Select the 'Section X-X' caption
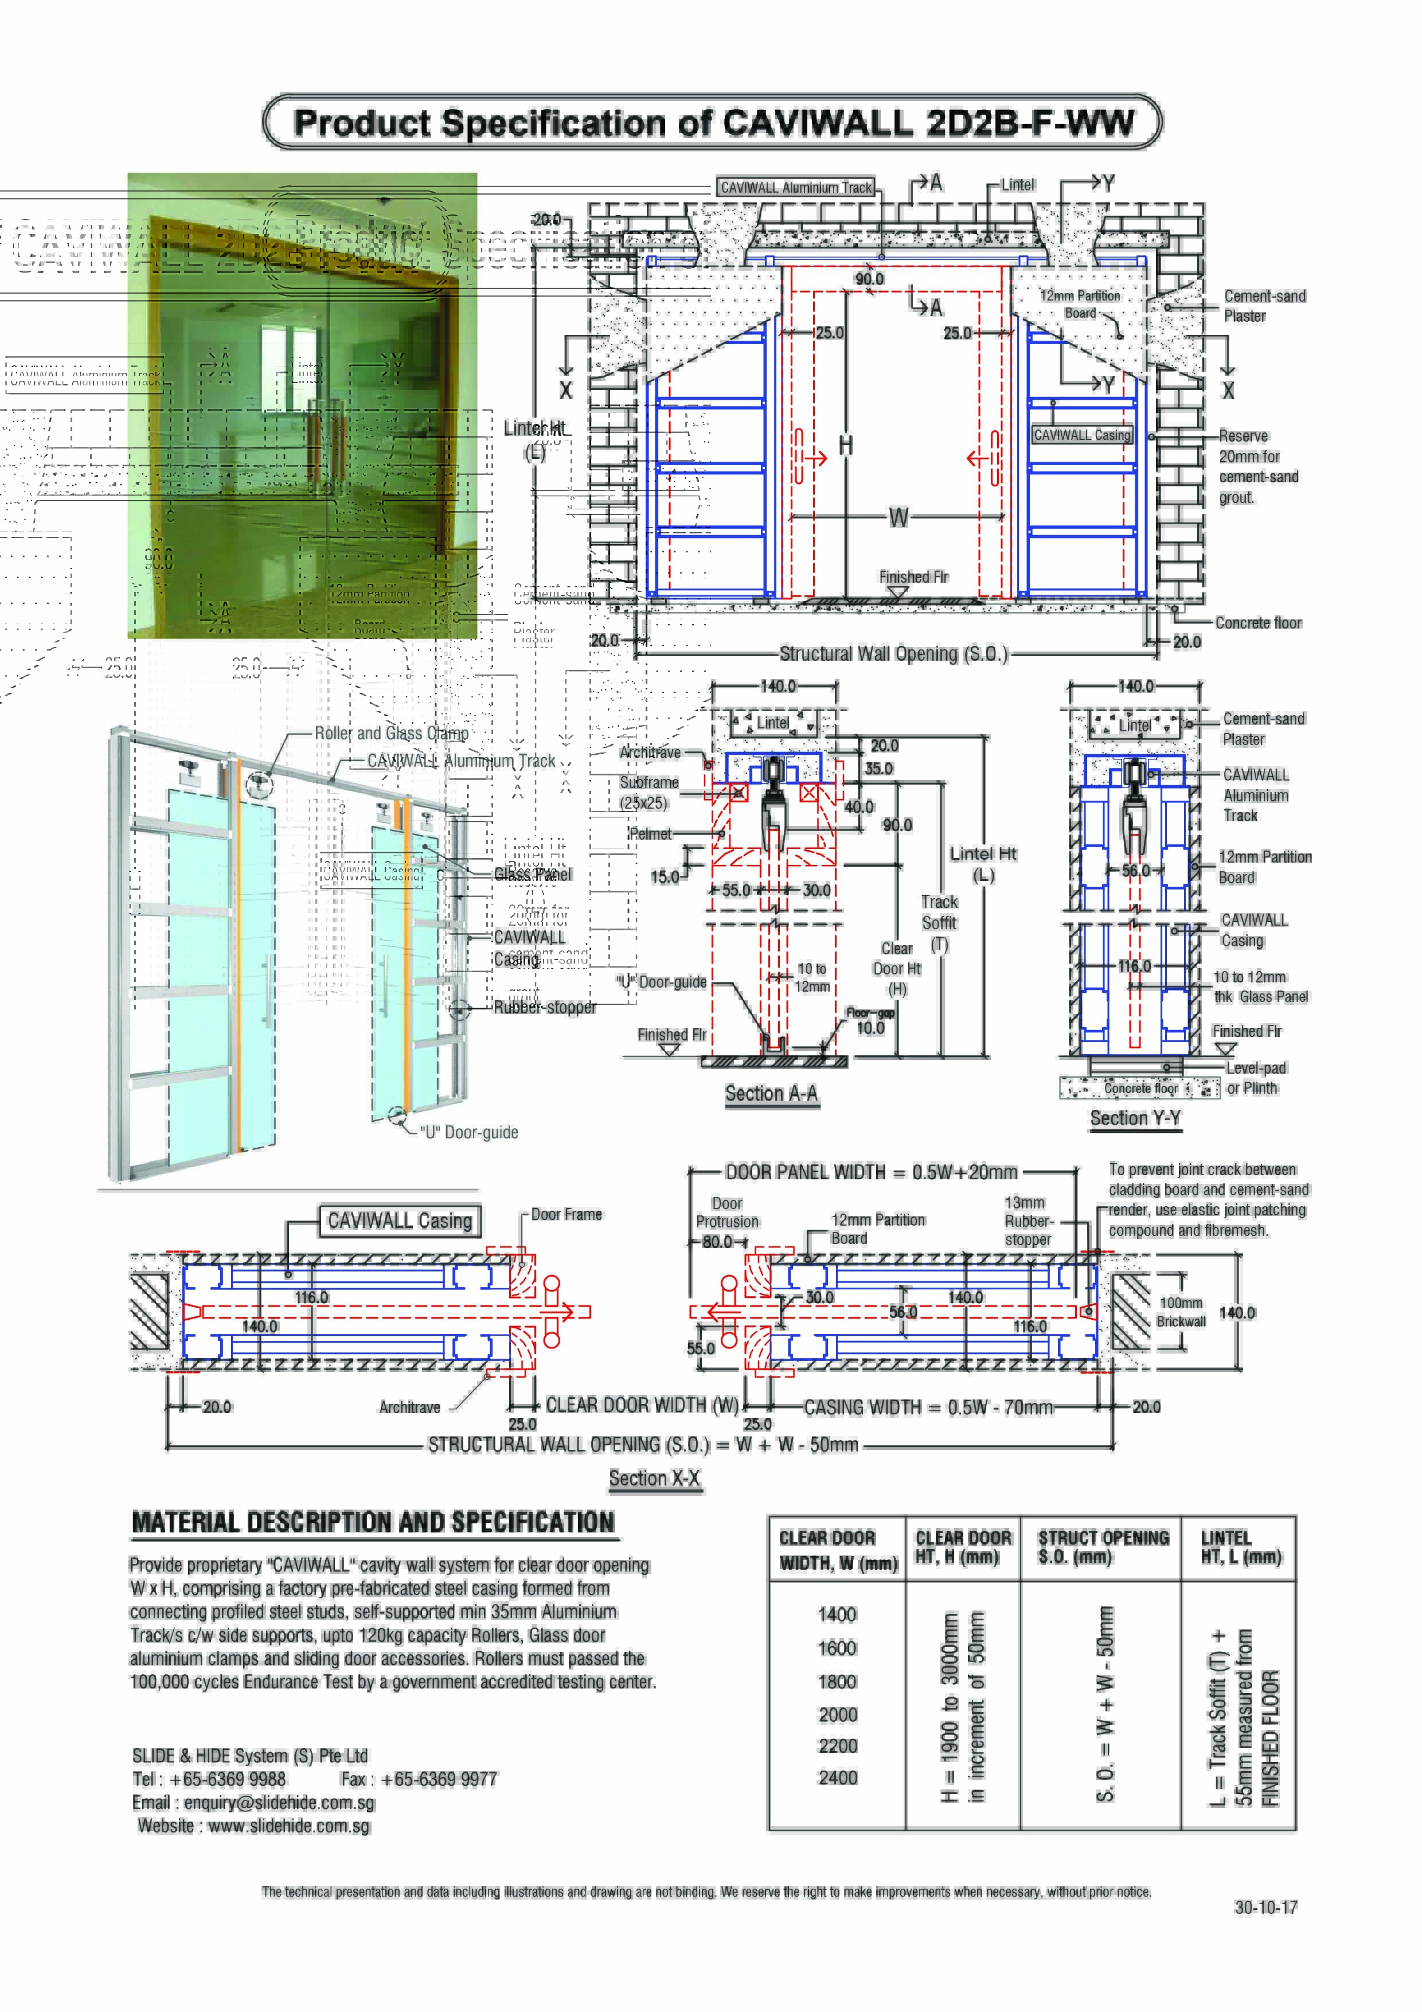654,1479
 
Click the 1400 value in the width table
837,1614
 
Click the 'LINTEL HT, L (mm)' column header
1240,1547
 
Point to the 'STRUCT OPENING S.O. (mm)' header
1103,1547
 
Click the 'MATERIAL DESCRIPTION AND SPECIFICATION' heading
373,1522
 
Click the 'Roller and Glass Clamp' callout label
392,734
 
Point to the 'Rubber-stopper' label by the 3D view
545,1007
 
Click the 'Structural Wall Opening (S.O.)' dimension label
894,654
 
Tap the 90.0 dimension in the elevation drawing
869,279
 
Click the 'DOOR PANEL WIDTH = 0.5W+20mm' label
871,1172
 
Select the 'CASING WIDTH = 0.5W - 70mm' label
929,1407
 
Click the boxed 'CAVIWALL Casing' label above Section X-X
400,1221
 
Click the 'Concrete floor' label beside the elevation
1258,623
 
